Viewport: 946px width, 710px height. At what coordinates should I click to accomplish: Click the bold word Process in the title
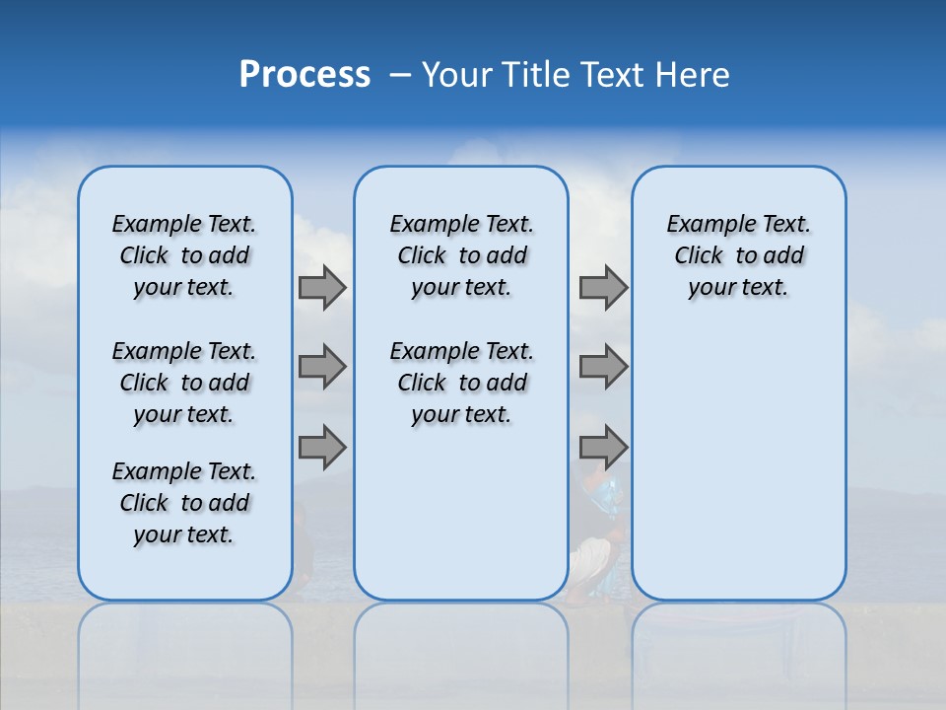click(x=304, y=74)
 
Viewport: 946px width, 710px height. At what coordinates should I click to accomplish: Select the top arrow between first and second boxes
click(x=322, y=288)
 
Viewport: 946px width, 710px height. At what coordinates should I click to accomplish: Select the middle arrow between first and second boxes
click(x=322, y=367)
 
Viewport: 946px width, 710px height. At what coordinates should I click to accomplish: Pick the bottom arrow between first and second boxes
click(x=322, y=448)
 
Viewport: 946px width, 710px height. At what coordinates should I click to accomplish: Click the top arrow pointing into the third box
click(x=603, y=288)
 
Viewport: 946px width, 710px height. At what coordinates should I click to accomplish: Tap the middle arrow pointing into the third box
click(x=603, y=367)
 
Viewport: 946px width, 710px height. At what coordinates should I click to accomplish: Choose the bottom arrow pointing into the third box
click(x=603, y=448)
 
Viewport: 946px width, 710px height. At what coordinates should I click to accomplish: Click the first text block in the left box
click(x=184, y=255)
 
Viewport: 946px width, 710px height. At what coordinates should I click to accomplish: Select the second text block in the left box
click(x=184, y=383)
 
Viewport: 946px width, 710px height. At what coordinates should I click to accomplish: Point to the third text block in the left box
click(x=184, y=503)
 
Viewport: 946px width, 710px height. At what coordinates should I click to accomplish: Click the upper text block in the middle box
click(x=461, y=255)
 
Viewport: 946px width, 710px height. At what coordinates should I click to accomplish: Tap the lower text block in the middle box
click(x=461, y=383)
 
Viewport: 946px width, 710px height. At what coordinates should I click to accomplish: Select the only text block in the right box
click(x=738, y=255)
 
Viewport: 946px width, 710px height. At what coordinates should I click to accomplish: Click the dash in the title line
click(x=401, y=75)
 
